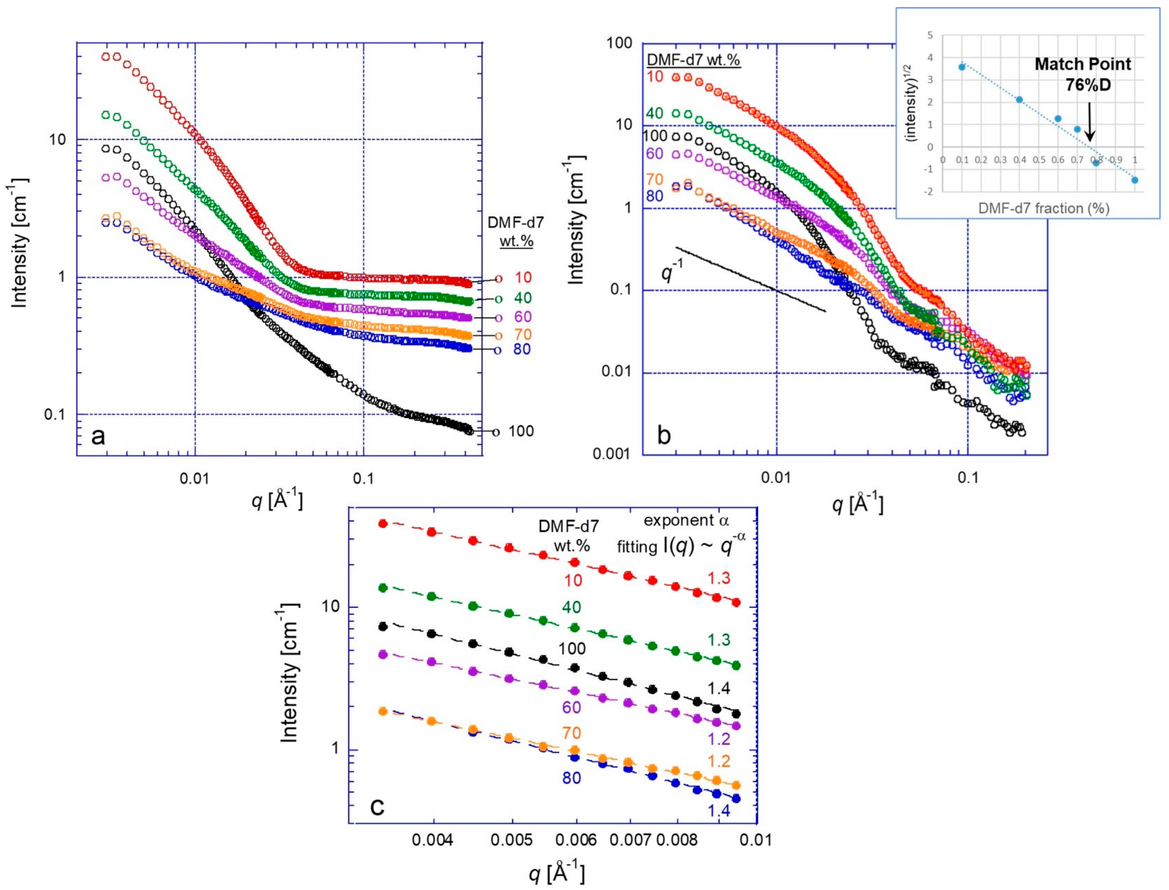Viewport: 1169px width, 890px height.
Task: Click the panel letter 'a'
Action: (x=98, y=436)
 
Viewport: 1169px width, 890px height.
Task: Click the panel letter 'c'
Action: (x=377, y=807)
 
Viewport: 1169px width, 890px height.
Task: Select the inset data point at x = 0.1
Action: (x=962, y=67)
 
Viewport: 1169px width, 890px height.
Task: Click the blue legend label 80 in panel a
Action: (x=522, y=349)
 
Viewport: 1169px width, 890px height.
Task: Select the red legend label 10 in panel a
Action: (x=523, y=278)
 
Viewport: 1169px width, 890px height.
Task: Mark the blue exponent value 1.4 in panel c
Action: (x=719, y=825)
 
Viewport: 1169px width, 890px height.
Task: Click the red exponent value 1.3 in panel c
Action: (x=719, y=578)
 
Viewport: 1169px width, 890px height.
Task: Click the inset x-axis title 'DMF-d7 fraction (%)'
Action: (x=1043, y=208)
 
